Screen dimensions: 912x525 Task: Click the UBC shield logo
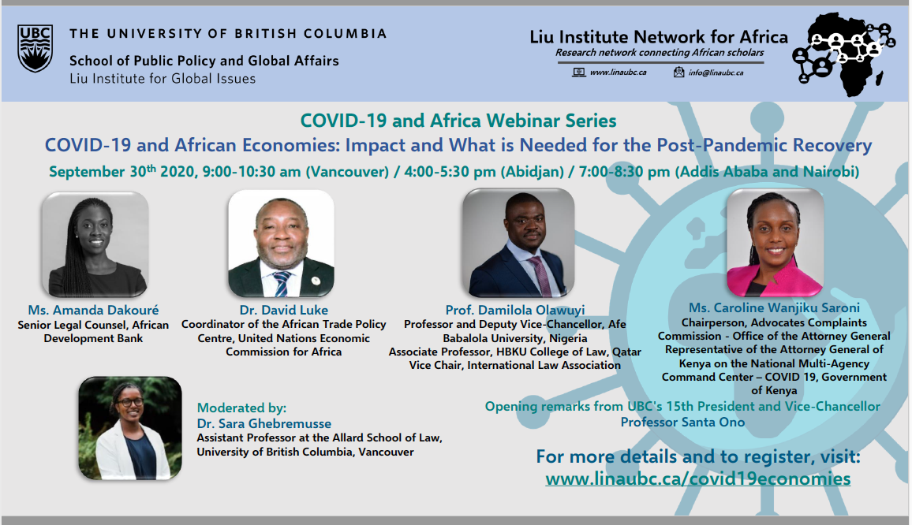pos(35,48)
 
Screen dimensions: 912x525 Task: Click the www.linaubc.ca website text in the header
pos(618,73)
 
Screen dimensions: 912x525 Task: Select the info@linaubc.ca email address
pos(716,73)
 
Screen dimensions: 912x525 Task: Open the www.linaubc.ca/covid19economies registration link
pos(698,478)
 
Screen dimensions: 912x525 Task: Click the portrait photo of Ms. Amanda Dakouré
pos(95,244)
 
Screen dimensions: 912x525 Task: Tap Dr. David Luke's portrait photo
pos(282,244)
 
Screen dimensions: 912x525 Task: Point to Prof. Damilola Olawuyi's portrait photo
pos(518,243)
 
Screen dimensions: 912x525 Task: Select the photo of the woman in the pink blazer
pos(776,243)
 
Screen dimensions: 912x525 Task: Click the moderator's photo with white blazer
pos(129,428)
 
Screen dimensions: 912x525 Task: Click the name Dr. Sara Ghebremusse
pos(264,423)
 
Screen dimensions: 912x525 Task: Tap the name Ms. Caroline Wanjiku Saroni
pos(774,307)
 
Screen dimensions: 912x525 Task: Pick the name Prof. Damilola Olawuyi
pos(514,310)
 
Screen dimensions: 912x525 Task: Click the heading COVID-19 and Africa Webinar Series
pos(458,121)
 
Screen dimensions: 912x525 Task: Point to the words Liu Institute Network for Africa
pos(659,36)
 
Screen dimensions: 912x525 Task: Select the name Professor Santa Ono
pos(682,422)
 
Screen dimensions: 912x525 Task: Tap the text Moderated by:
pos(241,408)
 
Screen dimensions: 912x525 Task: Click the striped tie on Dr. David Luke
pos(282,282)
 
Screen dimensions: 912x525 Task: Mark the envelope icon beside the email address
pos(678,72)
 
